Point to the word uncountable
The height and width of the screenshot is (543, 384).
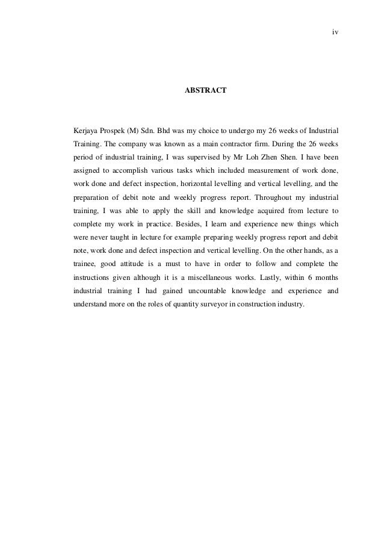[x=202, y=290]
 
